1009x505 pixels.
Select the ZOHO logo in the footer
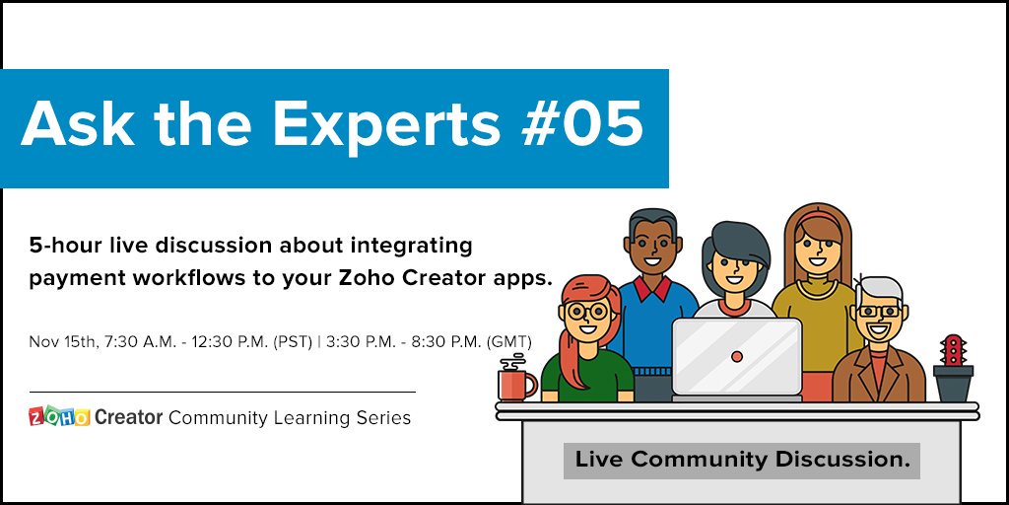[59, 417]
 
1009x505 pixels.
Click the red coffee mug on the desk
[515, 382]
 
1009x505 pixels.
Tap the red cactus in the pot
[952, 350]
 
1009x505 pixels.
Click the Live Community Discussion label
[741, 460]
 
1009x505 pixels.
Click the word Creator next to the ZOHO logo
[128, 417]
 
